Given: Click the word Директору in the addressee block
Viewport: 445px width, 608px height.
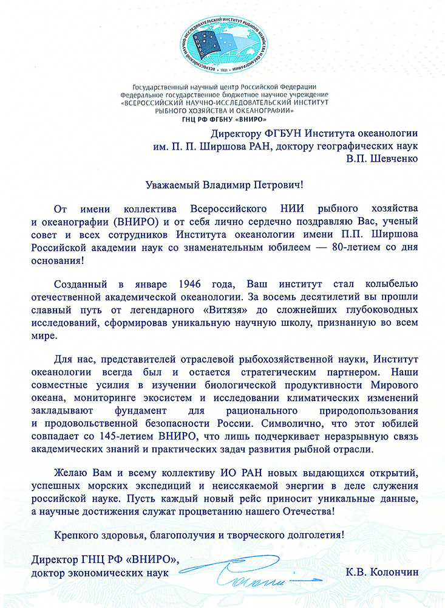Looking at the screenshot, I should tap(239, 134).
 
